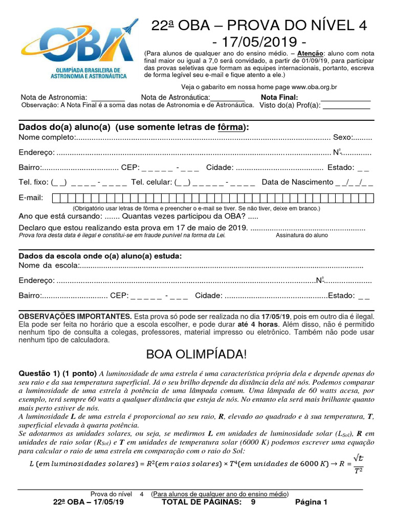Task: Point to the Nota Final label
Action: coord(279,97)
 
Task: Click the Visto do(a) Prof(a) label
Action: coord(290,105)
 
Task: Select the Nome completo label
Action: coord(47,138)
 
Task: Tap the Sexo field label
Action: coord(343,138)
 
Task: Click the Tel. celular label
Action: coord(151,182)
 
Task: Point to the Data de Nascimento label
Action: coord(297,182)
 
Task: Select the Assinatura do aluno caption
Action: coord(302,235)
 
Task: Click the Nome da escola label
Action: coord(49,265)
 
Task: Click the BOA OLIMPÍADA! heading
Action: coord(196,354)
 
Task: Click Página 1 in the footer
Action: coord(311,502)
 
